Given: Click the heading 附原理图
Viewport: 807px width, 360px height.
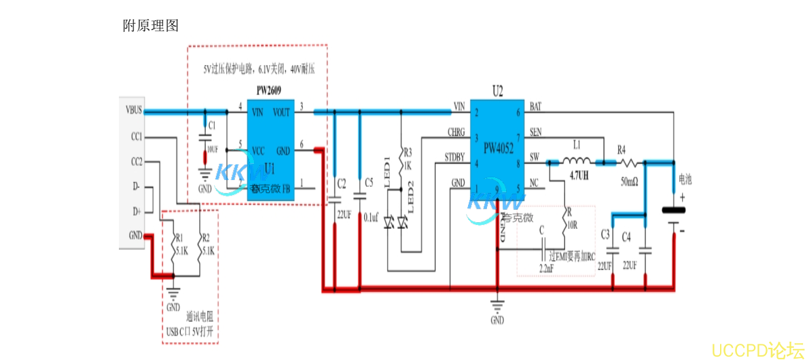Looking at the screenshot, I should tap(150, 26).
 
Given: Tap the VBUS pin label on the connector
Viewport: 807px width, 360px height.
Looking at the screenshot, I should tap(133, 109).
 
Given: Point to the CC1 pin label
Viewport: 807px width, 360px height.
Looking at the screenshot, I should tap(136, 137).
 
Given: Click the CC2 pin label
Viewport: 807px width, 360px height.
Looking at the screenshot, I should tap(136, 162).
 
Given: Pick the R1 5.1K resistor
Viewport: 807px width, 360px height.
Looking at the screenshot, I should tap(177, 245).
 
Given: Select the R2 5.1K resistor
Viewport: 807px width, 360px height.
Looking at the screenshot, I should tap(202, 245).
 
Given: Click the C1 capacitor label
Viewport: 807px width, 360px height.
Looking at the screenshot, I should tap(212, 125).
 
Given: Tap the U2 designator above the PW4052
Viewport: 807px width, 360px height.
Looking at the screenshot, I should tap(498, 90).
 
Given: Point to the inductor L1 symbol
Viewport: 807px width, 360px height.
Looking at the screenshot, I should tap(577, 162).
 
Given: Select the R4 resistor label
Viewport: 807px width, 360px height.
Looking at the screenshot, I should tap(622, 149).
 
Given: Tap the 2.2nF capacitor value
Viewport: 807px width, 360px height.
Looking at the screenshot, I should tap(546, 269).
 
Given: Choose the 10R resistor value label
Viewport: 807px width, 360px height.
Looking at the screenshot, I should tap(573, 224).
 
